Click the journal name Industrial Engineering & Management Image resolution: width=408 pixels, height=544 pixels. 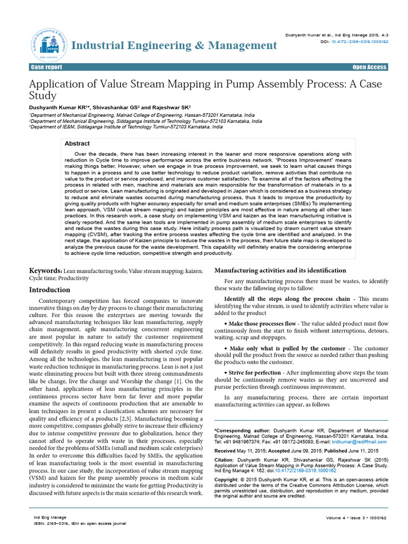(174, 45)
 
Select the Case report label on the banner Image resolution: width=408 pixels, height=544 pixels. (46, 67)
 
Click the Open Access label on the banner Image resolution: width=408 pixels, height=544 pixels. (370, 67)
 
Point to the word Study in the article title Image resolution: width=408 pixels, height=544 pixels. (42, 96)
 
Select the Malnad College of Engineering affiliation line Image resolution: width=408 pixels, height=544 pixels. (141, 115)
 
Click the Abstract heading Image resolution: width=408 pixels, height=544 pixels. (77, 143)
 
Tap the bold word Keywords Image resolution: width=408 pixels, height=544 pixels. (45, 270)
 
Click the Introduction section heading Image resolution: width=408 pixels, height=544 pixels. (49, 290)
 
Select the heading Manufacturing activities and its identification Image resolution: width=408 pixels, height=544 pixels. (280, 270)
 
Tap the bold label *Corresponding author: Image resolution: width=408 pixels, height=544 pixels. (242, 430)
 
